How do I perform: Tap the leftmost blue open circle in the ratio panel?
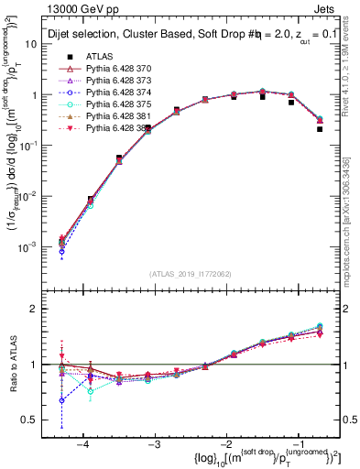click(x=61, y=400)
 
